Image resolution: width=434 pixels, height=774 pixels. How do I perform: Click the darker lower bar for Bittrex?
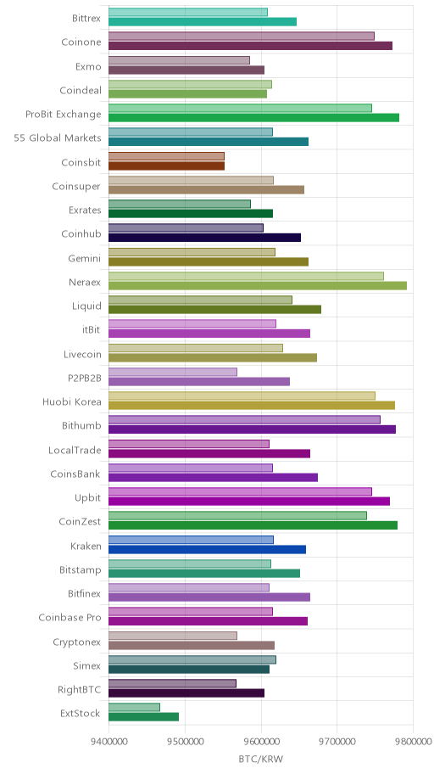click(203, 22)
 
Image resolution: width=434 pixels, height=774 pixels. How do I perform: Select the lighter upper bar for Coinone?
click(242, 36)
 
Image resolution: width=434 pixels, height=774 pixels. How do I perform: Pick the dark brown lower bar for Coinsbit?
click(166, 165)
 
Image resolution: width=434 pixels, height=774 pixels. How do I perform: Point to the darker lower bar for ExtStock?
click(143, 717)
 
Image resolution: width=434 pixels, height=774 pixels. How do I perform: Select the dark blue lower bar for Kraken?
click(207, 549)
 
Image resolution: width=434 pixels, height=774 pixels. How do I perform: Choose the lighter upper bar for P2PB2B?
click(173, 372)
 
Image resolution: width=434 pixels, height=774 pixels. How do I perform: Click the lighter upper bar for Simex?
click(192, 659)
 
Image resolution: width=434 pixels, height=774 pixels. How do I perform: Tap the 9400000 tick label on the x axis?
click(109, 742)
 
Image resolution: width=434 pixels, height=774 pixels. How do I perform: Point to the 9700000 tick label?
click(337, 742)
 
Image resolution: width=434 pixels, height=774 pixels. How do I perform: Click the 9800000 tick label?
click(414, 742)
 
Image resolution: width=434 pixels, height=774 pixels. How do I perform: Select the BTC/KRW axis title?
click(261, 759)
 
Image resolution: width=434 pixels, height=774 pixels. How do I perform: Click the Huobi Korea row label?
click(71, 401)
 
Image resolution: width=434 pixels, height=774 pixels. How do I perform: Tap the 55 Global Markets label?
click(58, 137)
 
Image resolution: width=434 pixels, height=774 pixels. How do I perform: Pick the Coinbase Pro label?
click(70, 618)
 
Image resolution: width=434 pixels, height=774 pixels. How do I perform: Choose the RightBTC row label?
click(80, 690)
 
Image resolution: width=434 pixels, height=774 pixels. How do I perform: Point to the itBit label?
click(92, 330)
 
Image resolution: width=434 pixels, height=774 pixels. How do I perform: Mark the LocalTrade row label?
click(75, 450)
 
